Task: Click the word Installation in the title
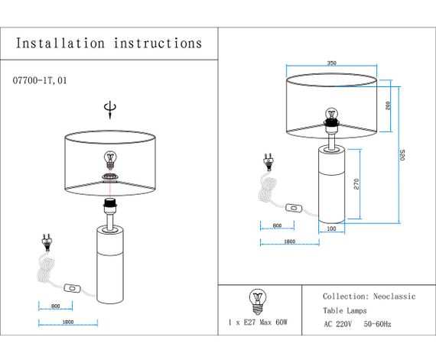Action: (x=60, y=44)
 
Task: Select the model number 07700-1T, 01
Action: (x=45, y=79)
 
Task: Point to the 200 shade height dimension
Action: (x=389, y=105)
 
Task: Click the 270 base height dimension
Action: (x=357, y=184)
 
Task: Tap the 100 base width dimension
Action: (x=331, y=228)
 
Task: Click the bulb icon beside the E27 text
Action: (x=255, y=300)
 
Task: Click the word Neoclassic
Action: (x=394, y=296)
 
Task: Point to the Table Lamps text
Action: (x=345, y=310)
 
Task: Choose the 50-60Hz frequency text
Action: (x=378, y=324)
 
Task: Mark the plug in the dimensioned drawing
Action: (x=268, y=161)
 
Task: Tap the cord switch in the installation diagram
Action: (x=73, y=287)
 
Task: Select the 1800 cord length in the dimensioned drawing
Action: (x=289, y=241)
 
